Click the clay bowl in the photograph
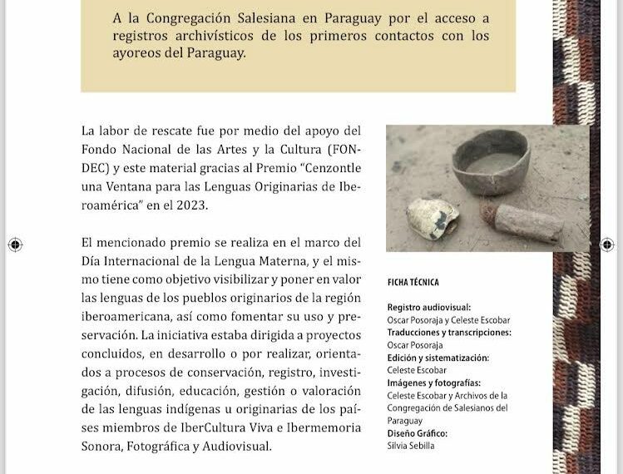point(490,160)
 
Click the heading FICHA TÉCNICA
point(413,283)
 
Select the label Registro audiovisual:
point(428,308)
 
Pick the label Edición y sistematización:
point(438,358)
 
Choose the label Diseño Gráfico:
point(418,433)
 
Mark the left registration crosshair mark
point(14,244)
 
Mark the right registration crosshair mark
point(608,244)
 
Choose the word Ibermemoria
point(324,427)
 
